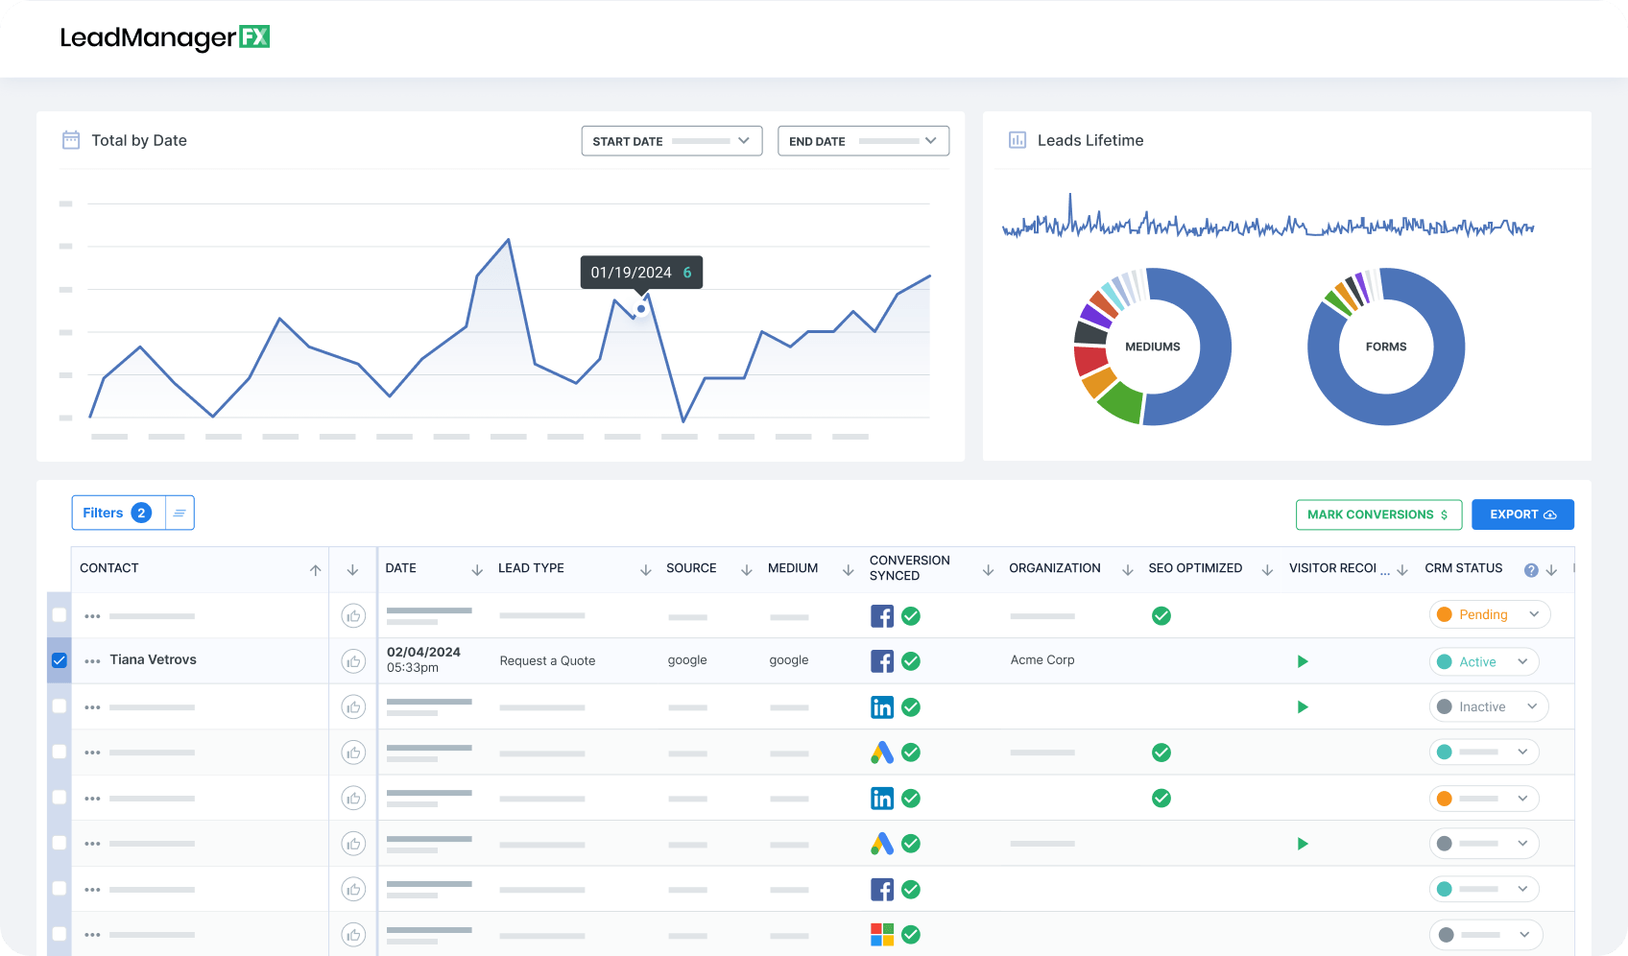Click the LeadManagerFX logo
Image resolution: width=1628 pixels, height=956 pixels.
point(164,37)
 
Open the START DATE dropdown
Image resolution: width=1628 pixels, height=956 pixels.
point(671,141)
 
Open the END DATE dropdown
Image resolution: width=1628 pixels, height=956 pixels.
point(862,141)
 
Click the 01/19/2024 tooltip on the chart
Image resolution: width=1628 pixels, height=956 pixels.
point(641,273)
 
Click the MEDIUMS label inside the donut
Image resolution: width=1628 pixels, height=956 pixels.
point(1152,347)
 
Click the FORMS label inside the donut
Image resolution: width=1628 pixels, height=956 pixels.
point(1385,347)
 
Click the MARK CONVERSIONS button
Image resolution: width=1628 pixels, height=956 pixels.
point(1377,514)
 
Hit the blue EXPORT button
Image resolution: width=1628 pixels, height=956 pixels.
point(1521,514)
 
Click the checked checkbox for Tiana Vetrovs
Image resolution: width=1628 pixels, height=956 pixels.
point(60,660)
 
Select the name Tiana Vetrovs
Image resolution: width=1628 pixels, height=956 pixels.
point(153,659)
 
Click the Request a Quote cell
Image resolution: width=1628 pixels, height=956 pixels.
point(547,660)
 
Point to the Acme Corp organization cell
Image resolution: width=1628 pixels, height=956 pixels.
point(1041,659)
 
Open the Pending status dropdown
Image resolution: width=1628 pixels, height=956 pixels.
point(1489,614)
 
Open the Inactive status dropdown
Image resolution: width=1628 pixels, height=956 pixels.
point(1488,706)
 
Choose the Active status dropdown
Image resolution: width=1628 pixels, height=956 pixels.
point(1483,661)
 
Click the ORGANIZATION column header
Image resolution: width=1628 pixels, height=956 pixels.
point(1054,568)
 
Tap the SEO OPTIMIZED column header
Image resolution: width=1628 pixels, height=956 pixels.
point(1194,568)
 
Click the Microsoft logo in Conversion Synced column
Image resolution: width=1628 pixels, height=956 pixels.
point(881,934)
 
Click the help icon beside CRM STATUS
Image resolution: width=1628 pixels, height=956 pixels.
point(1531,570)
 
